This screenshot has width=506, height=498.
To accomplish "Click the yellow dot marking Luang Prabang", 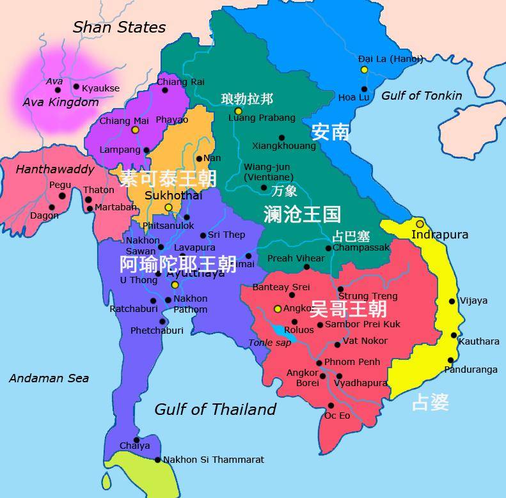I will (x=238, y=111).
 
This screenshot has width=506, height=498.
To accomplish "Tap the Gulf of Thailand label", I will (x=216, y=409).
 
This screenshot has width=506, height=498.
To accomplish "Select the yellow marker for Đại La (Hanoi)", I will (x=364, y=69).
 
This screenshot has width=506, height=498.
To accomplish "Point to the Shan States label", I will (x=119, y=27).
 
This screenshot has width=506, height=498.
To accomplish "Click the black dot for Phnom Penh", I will (x=319, y=362).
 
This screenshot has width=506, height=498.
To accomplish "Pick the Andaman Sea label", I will (x=49, y=378).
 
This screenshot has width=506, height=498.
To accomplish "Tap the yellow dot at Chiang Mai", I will (x=135, y=130).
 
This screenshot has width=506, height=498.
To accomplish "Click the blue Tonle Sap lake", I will (x=281, y=331).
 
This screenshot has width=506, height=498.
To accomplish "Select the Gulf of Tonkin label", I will (x=422, y=96).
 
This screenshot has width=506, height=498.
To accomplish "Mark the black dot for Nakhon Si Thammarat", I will (x=157, y=460).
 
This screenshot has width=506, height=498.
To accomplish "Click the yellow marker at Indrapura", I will (x=420, y=224).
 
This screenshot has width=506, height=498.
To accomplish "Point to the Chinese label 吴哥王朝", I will (x=348, y=309).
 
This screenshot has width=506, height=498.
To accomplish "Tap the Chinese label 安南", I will (x=330, y=132).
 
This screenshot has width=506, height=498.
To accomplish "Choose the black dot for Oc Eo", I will (x=331, y=405).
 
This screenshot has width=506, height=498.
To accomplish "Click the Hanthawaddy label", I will (x=54, y=170).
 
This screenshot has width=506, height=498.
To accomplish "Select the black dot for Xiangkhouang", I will (x=281, y=137).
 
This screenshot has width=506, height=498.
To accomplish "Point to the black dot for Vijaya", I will (x=452, y=301).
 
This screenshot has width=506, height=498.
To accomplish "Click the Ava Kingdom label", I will (x=61, y=102).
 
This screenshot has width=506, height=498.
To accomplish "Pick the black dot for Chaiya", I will (x=136, y=440).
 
